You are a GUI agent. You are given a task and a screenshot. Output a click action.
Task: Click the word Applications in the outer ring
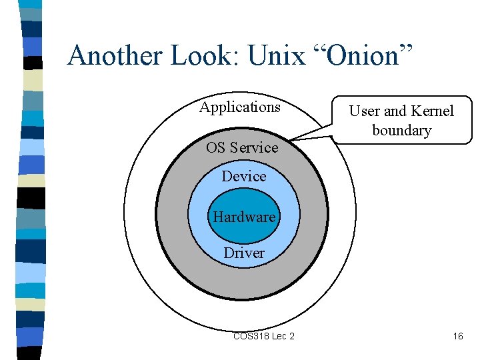240,107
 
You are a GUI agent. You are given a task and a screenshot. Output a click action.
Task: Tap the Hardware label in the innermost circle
244,217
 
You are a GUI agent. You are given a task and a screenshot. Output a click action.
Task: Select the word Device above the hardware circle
244,176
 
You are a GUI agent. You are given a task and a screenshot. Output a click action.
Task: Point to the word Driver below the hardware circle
244,253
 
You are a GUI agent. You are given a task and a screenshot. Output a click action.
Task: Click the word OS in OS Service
216,148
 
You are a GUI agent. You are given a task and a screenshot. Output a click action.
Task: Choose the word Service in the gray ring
254,148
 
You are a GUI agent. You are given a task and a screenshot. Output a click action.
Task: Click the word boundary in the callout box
401,130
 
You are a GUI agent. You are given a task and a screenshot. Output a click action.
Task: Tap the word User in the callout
365,111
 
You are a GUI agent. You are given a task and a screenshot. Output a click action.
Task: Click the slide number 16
457,336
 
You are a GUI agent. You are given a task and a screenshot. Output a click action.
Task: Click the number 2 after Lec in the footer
291,336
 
